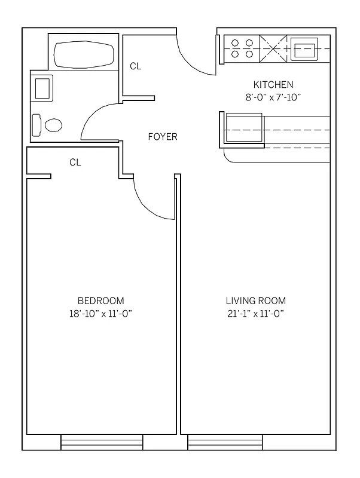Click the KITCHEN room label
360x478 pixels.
273,85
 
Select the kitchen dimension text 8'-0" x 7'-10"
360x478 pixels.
273,98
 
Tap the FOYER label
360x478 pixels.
163,137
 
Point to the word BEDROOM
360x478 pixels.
101,301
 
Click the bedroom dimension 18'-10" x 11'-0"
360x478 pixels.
101,314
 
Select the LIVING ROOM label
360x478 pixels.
255,301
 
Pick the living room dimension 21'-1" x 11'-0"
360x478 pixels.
255,314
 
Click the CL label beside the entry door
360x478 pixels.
136,66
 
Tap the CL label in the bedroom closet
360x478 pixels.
75,162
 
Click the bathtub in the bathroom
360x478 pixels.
84,54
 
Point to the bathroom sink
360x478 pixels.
43,88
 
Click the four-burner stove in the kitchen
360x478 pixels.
242,48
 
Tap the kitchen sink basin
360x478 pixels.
304,48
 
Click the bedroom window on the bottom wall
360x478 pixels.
102,443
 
